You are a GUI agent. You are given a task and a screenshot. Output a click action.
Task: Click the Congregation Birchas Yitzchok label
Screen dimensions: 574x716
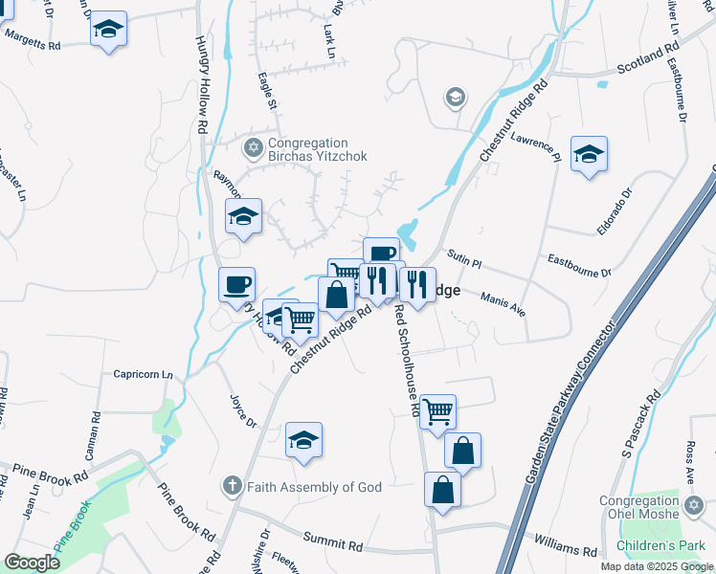click(x=316, y=149)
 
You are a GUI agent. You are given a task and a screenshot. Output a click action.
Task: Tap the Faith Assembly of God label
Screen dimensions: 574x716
click(x=314, y=487)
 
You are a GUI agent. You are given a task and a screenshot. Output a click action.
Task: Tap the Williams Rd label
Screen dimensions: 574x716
click(x=566, y=548)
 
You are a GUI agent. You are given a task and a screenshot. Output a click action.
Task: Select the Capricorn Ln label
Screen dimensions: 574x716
click(x=144, y=374)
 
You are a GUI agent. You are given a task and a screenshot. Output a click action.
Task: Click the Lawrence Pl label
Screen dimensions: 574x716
click(x=533, y=145)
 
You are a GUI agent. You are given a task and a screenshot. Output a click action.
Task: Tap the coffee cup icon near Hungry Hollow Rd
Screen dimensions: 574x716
click(x=237, y=284)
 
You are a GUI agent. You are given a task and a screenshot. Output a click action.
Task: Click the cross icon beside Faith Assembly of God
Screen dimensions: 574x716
click(x=232, y=486)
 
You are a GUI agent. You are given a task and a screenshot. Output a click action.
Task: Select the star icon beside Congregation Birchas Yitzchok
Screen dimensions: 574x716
click(x=254, y=147)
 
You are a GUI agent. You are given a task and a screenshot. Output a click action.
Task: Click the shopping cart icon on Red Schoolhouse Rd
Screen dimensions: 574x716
click(x=437, y=411)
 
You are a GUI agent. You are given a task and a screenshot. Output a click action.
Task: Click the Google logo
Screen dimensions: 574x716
click(x=33, y=563)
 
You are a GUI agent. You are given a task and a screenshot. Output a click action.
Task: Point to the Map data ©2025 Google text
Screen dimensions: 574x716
click(x=657, y=566)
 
